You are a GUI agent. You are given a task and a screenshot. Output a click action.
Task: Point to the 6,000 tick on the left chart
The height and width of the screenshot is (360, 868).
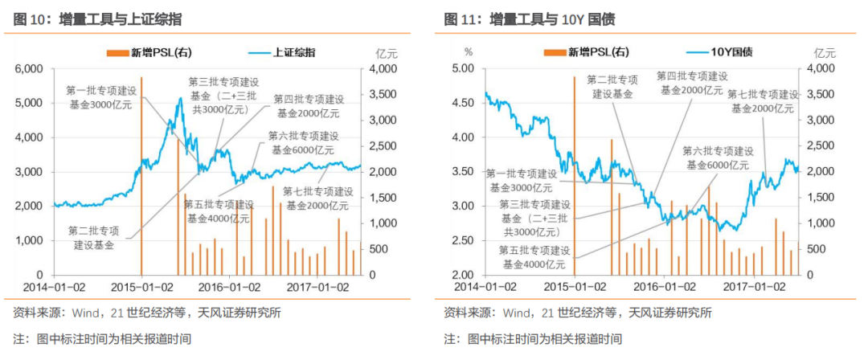[27, 69]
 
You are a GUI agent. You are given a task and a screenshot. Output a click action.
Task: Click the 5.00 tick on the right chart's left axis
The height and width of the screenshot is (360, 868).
[464, 69]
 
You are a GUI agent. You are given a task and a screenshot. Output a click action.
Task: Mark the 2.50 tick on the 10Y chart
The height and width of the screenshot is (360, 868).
[464, 240]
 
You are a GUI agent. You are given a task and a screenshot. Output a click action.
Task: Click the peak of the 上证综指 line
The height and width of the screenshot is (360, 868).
[180, 98]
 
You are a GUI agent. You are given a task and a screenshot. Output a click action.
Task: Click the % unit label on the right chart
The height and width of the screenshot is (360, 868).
[469, 53]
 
